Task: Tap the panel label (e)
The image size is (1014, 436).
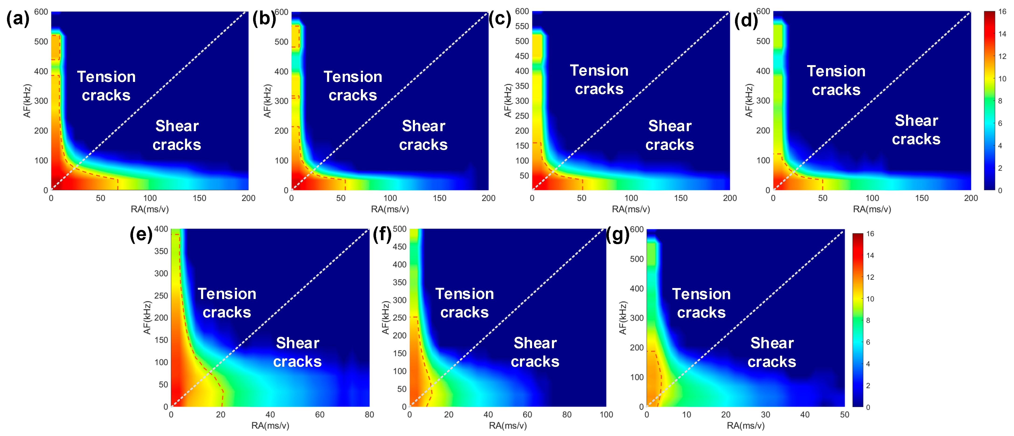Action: (141, 235)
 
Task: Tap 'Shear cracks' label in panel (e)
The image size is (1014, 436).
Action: (298, 352)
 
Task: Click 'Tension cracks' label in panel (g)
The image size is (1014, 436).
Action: (701, 303)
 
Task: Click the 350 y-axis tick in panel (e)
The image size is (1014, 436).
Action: (161, 251)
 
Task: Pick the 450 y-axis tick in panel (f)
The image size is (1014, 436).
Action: (400, 247)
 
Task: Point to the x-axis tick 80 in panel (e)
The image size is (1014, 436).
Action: (369, 415)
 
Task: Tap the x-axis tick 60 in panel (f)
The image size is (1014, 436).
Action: (527, 415)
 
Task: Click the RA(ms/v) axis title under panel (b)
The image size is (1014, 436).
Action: (390, 209)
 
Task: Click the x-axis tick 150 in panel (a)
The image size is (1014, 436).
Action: (199, 198)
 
